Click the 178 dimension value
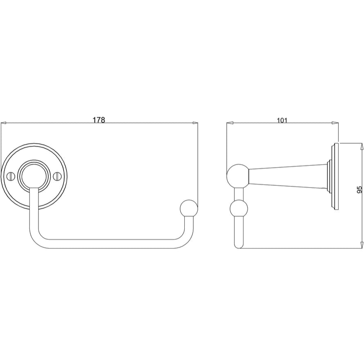click(99, 120)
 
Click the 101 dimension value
click(282, 120)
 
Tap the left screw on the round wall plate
click(11, 176)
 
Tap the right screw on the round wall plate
click(58, 176)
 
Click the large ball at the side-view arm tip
click(238, 175)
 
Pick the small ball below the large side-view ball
click(239, 209)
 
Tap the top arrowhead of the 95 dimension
click(362, 146)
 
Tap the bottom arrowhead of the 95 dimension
click(362, 244)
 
